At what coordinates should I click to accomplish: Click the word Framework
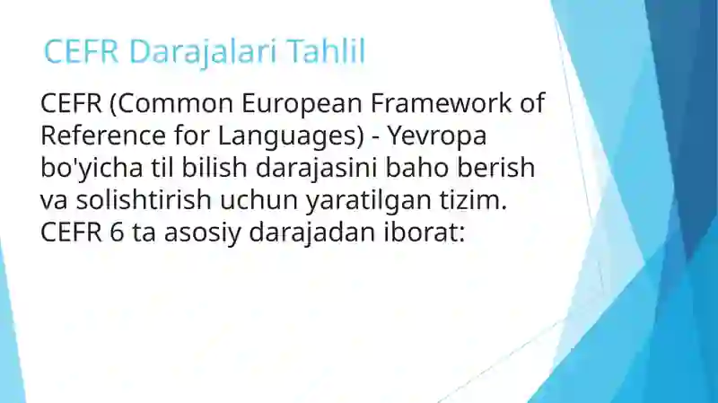pyautogui.click(x=441, y=102)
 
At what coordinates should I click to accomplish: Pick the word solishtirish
pyautogui.click(x=144, y=199)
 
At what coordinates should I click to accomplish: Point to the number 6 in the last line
pyautogui.click(x=118, y=232)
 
